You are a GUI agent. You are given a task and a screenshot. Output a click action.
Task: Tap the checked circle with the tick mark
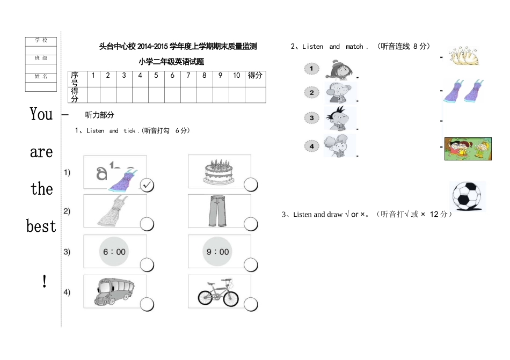click(x=147, y=185)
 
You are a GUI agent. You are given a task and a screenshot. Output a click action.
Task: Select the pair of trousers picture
click(x=216, y=210)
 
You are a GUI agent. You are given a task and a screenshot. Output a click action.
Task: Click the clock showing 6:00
click(x=114, y=252)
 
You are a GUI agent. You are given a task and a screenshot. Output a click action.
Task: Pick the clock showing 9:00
click(x=217, y=252)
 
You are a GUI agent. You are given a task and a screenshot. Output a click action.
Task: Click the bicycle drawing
click(x=218, y=293)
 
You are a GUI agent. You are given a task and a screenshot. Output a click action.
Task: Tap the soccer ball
click(x=467, y=196)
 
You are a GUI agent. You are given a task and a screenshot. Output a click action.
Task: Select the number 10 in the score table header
click(x=237, y=76)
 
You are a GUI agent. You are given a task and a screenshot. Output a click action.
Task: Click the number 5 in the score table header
click(x=156, y=76)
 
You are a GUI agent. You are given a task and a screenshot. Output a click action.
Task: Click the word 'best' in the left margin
click(x=41, y=226)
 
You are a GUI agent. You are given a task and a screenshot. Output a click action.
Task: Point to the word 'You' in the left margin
click(x=41, y=114)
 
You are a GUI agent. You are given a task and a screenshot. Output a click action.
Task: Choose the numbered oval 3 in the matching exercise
click(x=311, y=117)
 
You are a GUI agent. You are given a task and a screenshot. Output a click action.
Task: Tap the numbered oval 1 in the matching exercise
click(x=311, y=69)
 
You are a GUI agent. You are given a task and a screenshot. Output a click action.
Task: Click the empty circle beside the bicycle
click(x=251, y=305)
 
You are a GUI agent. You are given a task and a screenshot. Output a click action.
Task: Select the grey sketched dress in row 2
click(x=113, y=211)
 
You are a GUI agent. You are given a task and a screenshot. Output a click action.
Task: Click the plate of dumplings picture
click(x=463, y=56)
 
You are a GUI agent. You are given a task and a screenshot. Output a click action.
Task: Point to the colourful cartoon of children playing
click(x=468, y=149)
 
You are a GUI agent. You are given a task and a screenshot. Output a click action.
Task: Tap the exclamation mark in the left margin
click(x=44, y=281)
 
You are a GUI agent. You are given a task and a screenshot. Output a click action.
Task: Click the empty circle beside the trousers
click(x=251, y=224)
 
